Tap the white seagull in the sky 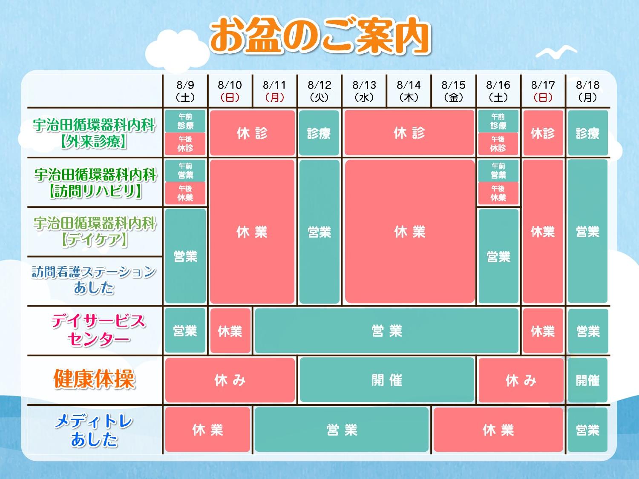pos(556,52)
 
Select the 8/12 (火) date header pos(319,91)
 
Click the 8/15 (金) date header pos(454,91)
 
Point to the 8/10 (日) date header pos(230,91)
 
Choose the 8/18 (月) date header pos(588,91)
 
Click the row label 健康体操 pos(94,379)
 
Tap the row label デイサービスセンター pos(98,330)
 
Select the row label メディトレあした pos(94,430)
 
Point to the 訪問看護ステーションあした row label pos(94,280)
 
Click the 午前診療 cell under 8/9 pos(185,121)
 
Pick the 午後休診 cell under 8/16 pos(498,144)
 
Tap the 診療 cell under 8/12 pos(319,132)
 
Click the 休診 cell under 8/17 pos(543,132)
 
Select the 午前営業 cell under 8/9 pos(185,171)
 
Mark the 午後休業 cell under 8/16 pos(498,193)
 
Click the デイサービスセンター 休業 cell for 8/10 pos(230,331)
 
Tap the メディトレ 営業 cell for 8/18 pos(588,430)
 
